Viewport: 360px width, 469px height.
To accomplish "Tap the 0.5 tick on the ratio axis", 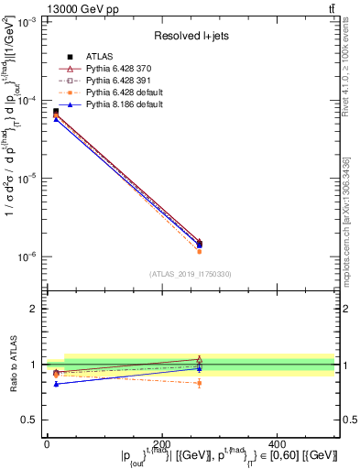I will [32, 420].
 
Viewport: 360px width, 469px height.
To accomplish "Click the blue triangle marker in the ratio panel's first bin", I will [56, 384].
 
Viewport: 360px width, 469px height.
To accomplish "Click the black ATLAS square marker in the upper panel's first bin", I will [56, 112].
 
